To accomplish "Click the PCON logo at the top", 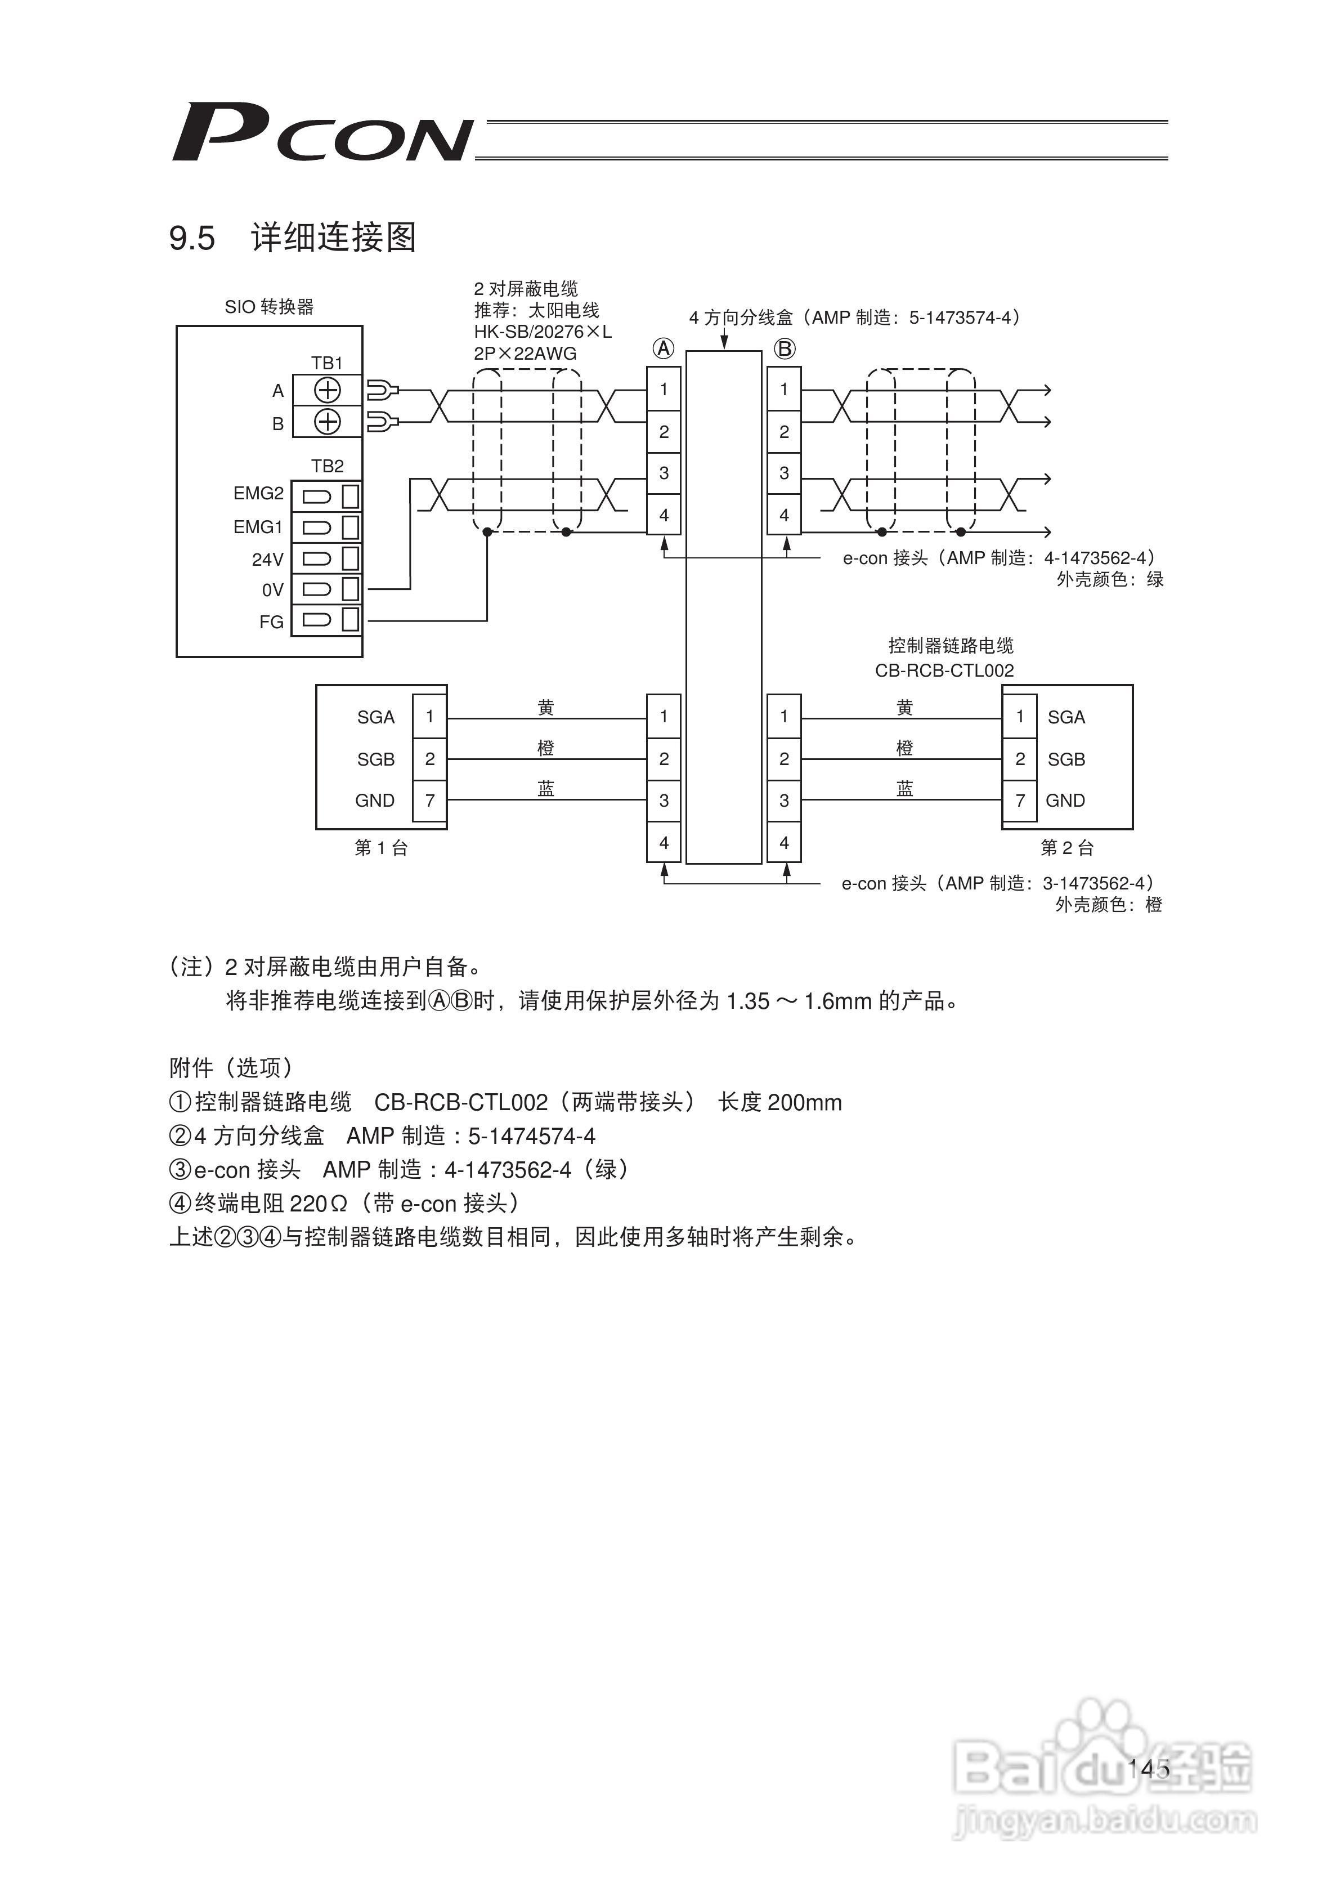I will [x=322, y=132].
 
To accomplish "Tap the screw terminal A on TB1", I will [x=328, y=390].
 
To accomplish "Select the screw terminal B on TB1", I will [x=328, y=422].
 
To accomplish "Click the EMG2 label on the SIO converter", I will [x=258, y=494].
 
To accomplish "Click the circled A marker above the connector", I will [x=664, y=349].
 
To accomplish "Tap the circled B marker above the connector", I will [x=785, y=349].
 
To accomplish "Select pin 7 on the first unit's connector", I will [x=429, y=800].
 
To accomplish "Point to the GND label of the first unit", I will [x=375, y=800].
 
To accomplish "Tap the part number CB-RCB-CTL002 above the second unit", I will [x=944, y=670].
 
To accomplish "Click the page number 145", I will [x=1149, y=1768].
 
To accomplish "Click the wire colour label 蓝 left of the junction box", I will [x=546, y=789].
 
